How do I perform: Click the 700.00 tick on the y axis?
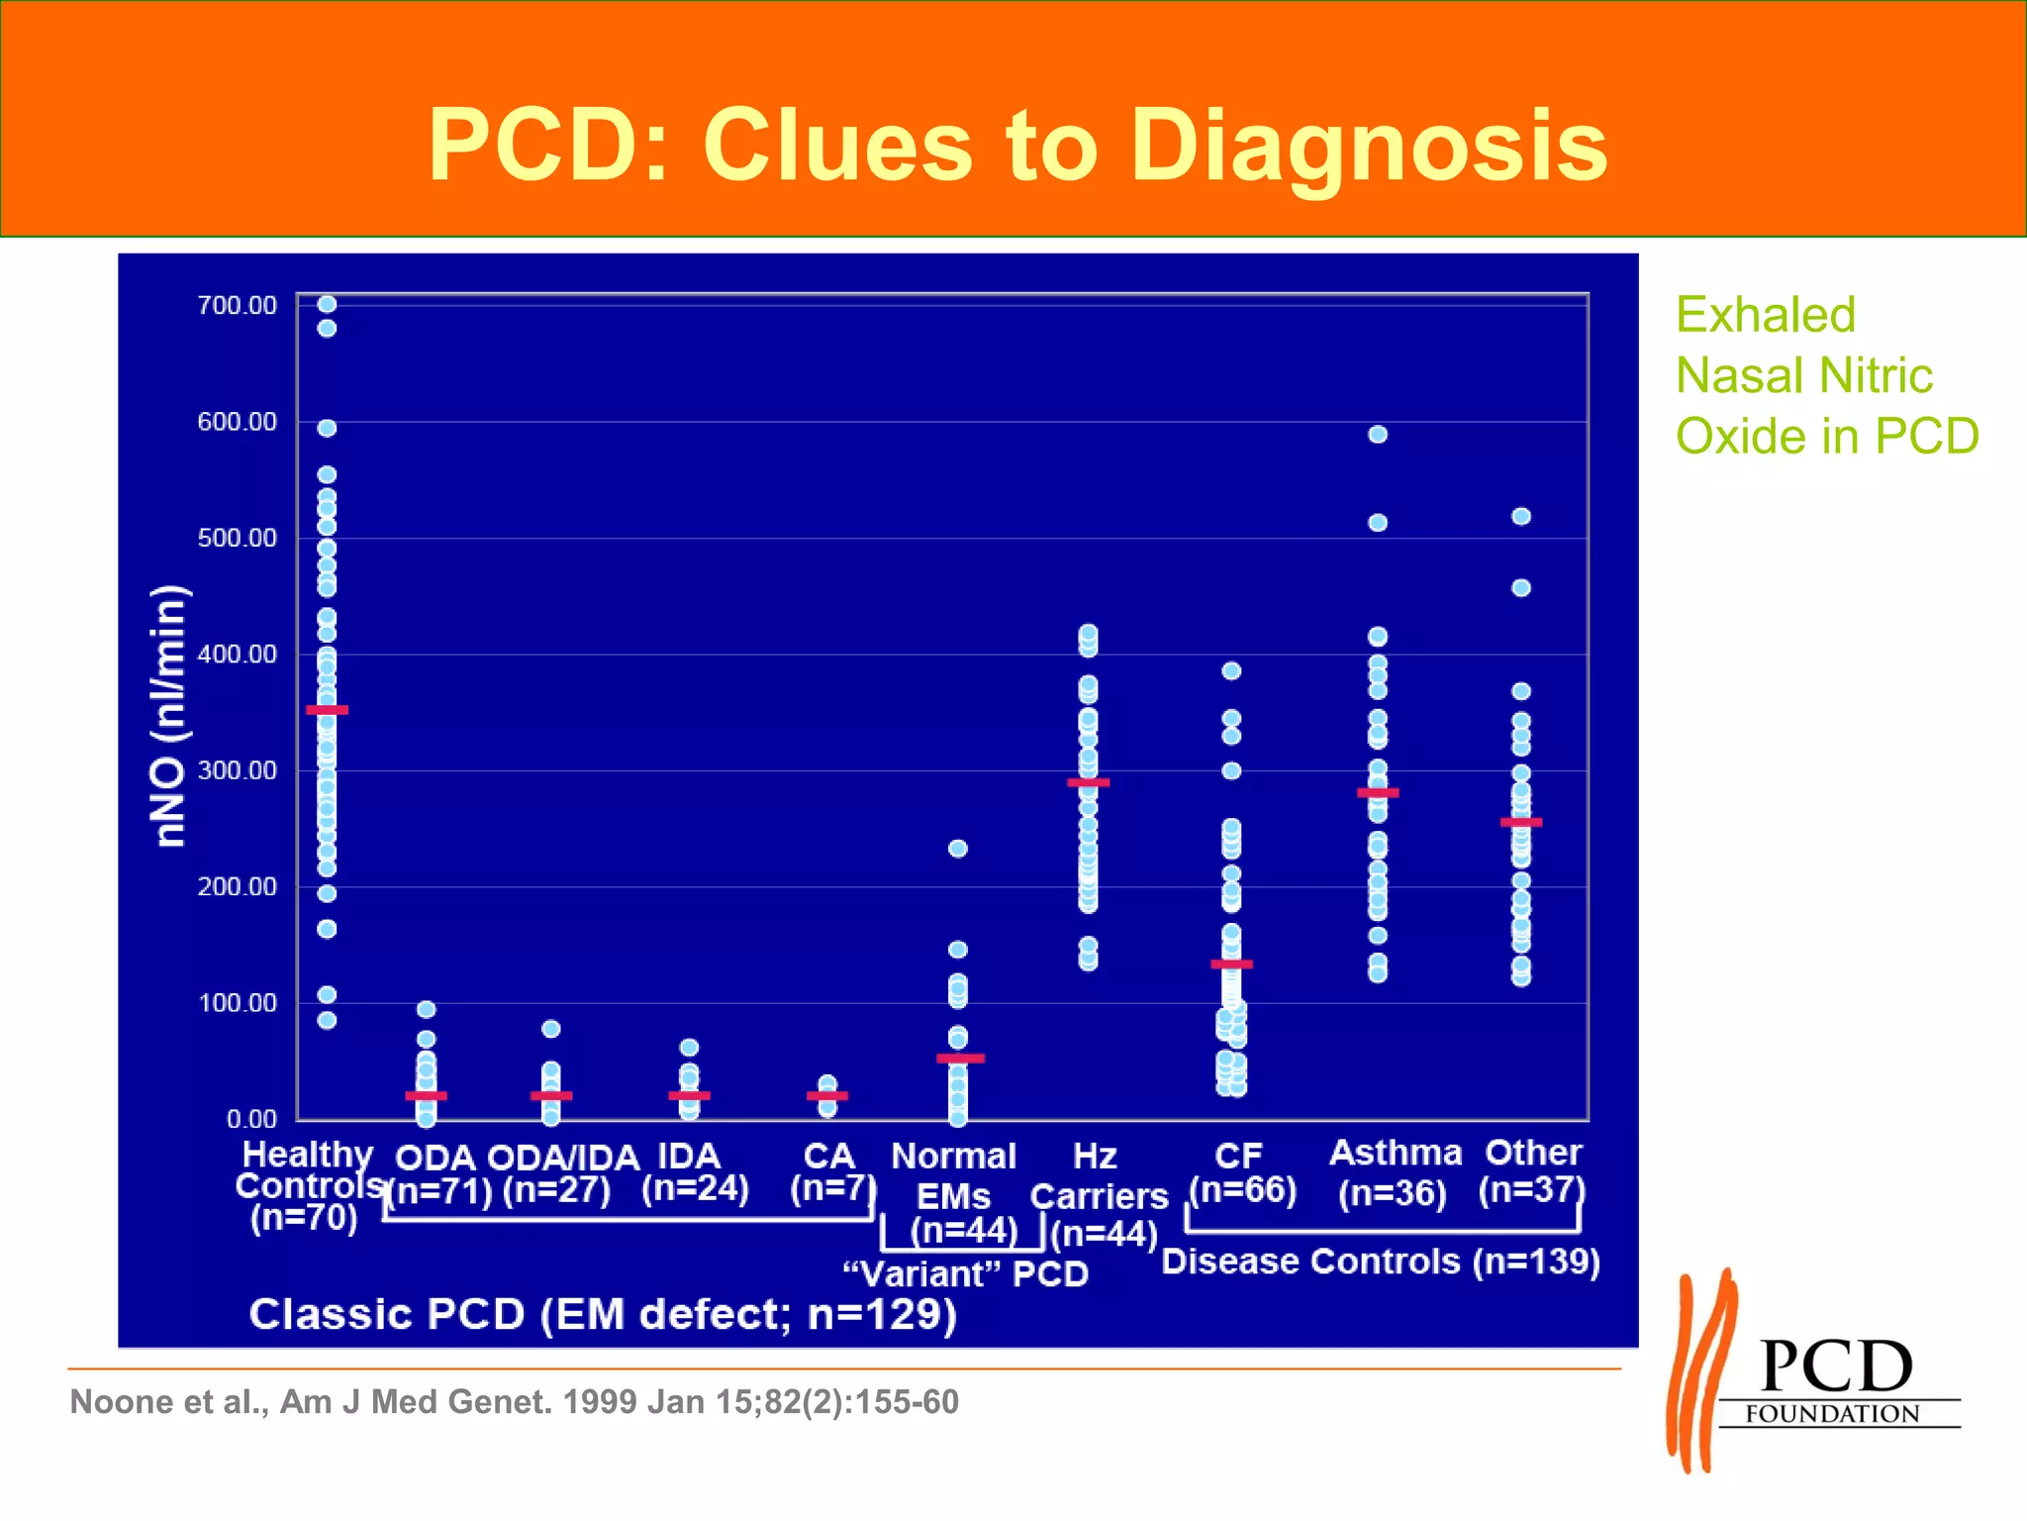(x=238, y=305)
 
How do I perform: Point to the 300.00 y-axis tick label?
(x=238, y=770)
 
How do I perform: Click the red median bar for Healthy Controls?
(x=327, y=710)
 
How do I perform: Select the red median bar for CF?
(x=1231, y=963)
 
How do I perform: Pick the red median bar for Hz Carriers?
(x=1088, y=782)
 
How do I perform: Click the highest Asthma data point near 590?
(x=1377, y=434)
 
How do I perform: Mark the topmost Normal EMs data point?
(x=957, y=849)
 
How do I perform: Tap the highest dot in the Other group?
(x=1521, y=516)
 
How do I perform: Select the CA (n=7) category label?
(x=830, y=1171)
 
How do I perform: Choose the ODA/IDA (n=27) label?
(x=561, y=1173)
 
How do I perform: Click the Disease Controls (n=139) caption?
(x=1380, y=1262)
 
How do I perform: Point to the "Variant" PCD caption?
(x=965, y=1273)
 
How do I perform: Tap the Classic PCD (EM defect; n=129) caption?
(x=602, y=1315)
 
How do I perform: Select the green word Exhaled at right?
(x=1765, y=315)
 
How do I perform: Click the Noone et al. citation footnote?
(x=514, y=1402)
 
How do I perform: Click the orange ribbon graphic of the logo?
(x=1700, y=1371)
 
